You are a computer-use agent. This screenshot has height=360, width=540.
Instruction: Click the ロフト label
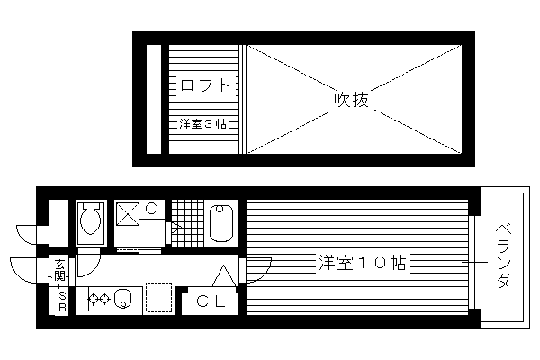pos(204,85)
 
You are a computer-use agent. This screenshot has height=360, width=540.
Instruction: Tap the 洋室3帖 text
pos(203,123)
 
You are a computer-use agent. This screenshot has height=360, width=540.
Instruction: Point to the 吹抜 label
pos(351,100)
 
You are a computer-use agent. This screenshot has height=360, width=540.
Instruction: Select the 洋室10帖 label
pos(363,263)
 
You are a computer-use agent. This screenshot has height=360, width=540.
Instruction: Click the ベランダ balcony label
pos(503,256)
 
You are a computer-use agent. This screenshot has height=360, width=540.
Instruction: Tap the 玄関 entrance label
pos(59,270)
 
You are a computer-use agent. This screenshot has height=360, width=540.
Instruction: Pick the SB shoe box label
pos(62,301)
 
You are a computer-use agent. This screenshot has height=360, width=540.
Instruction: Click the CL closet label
pos(211,301)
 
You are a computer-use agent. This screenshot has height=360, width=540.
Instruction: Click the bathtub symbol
pos(221,223)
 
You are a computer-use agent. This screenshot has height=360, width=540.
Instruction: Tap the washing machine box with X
pos(128,214)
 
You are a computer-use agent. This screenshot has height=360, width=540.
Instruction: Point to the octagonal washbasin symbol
pos(151,209)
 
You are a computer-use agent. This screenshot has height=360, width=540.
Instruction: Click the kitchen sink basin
pos(123,298)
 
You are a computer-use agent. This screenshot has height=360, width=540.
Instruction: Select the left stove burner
pos(94,299)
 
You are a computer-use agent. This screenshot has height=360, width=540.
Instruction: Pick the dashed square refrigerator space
pos(158,297)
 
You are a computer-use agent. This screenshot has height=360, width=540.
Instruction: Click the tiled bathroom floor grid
pos(188,223)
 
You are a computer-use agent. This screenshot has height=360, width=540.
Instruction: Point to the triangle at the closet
pos(224,275)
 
